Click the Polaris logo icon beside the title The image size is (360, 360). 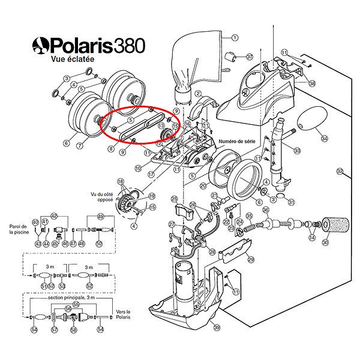[41, 45]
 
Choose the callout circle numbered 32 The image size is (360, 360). [340, 172]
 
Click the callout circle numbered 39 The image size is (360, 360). [217, 326]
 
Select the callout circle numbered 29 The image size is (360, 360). [251, 259]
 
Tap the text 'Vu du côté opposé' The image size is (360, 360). [102, 197]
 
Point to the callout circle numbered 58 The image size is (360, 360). [74, 329]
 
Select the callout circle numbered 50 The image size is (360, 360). [100, 243]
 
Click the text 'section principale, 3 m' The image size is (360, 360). [65, 298]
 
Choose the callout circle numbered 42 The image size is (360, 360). [54, 215]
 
